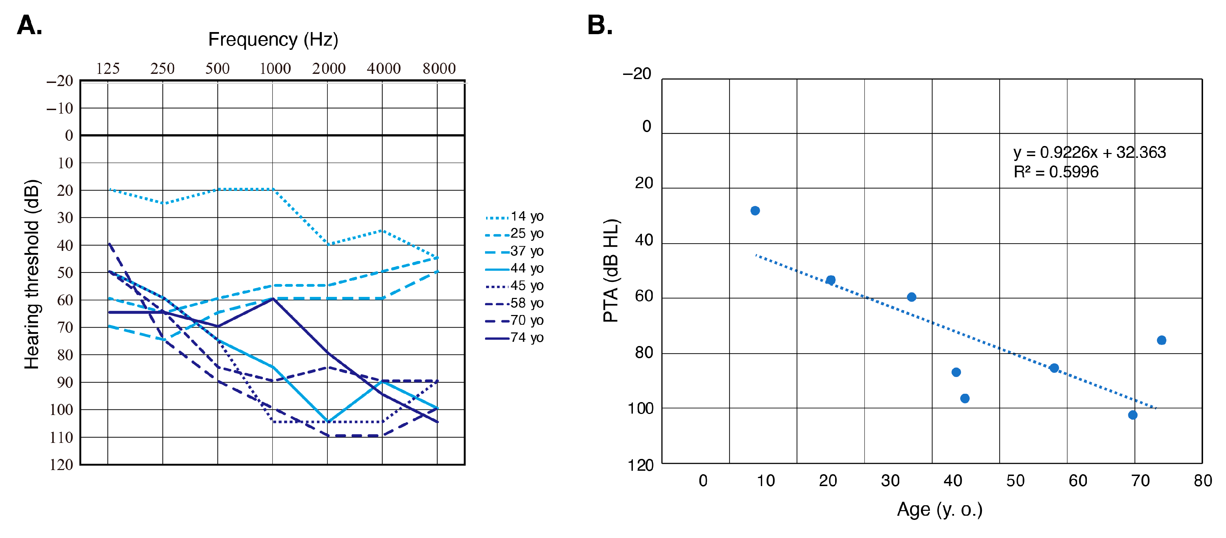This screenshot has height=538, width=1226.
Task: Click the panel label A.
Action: coord(30,25)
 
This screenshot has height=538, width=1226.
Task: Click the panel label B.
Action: coord(600,25)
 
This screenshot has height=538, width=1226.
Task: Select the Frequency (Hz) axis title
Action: coord(273,39)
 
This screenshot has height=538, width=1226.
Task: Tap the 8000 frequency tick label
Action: coord(439,69)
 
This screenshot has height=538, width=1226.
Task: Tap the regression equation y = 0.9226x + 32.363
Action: coord(1089,152)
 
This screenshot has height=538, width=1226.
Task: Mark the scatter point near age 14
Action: coord(755,211)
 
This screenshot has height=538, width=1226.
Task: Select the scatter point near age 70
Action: coord(1133,415)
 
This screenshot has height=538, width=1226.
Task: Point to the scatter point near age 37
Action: coord(911,297)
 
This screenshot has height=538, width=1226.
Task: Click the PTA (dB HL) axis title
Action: coord(611,271)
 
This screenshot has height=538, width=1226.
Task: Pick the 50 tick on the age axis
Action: coord(1015,481)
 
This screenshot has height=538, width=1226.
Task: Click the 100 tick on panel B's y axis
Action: coord(640,408)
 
